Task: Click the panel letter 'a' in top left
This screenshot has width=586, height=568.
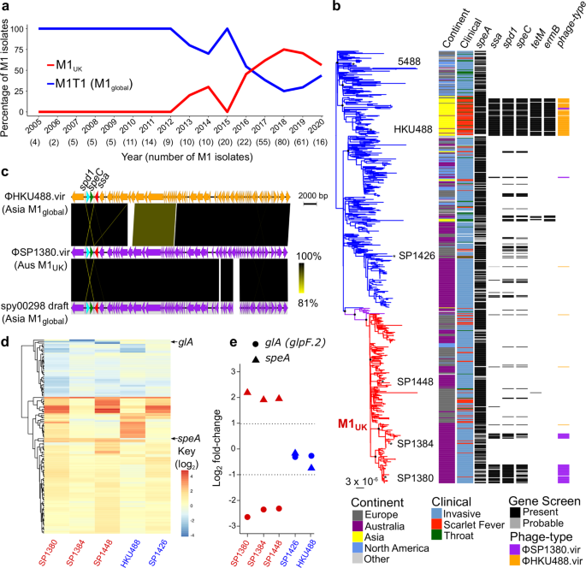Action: point(6,7)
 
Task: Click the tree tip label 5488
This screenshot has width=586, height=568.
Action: point(408,61)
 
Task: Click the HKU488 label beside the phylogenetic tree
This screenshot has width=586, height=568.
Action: point(412,130)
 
